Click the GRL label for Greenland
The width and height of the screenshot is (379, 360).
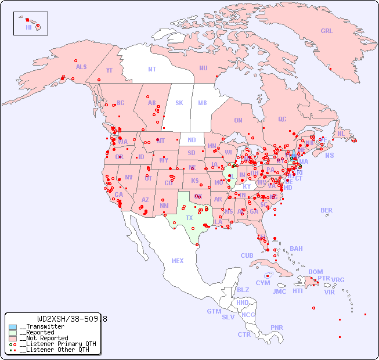pyautogui.click(x=327, y=31)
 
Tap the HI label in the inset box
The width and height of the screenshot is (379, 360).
pyautogui.click(x=28, y=27)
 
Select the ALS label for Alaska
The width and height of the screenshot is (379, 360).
pyautogui.click(x=81, y=67)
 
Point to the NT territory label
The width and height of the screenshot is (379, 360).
pyautogui.click(x=152, y=69)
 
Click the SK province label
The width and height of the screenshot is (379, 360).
pyautogui.click(x=179, y=103)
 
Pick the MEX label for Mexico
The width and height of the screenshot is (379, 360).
pyautogui.click(x=178, y=261)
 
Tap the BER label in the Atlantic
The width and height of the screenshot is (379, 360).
pyautogui.click(x=327, y=210)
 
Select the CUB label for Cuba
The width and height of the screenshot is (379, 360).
pyautogui.click(x=247, y=255)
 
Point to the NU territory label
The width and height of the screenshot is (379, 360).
pyautogui.click(x=203, y=68)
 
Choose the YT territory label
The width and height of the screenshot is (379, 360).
pyautogui.click(x=109, y=70)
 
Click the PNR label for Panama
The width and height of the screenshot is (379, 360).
pyautogui.click(x=277, y=327)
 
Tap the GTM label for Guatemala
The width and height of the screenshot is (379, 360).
pyautogui.click(x=214, y=311)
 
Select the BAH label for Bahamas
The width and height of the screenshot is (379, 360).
pyautogui.click(x=296, y=249)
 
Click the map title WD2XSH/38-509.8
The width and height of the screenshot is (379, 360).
pyautogui.click(x=71, y=319)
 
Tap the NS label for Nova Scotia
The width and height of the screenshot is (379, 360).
pyautogui.click(x=329, y=155)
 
